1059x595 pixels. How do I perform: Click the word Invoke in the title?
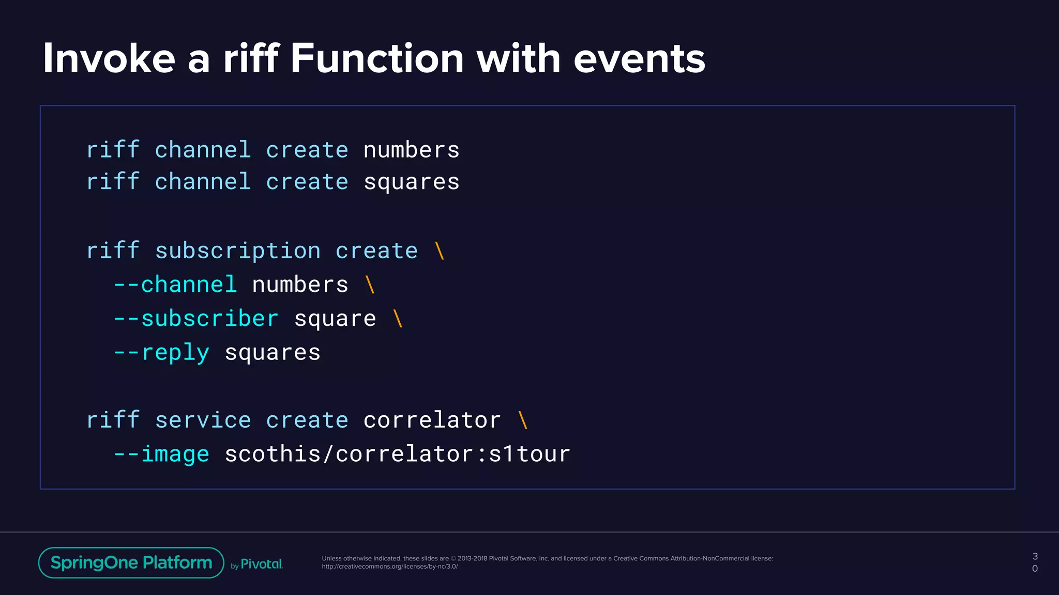(109, 58)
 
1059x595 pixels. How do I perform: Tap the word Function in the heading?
(377, 58)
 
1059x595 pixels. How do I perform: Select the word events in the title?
(639, 58)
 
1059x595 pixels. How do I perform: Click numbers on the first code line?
(411, 150)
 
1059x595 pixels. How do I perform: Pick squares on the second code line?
(411, 182)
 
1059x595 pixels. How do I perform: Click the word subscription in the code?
(238, 251)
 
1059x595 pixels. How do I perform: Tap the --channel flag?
(175, 285)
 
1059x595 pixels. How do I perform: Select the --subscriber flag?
(196, 319)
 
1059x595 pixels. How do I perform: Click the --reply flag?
(161, 353)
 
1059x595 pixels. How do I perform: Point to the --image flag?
(161, 454)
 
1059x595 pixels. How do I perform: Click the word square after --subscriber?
(335, 319)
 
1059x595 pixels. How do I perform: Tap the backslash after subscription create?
(440, 251)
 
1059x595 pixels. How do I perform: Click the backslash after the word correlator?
(523, 420)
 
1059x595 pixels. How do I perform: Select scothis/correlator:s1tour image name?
(397, 454)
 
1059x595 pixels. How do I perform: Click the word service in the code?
(203, 420)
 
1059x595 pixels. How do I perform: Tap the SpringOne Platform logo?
(131, 562)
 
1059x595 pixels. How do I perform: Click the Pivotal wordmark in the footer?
(262, 564)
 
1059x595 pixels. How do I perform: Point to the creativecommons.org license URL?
(390, 567)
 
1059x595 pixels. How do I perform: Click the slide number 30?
(1035, 562)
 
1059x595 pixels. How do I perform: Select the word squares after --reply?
(273, 353)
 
